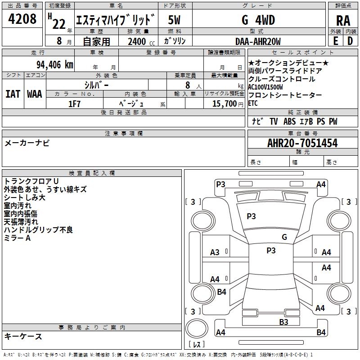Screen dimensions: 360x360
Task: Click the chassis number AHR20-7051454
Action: click(302, 143)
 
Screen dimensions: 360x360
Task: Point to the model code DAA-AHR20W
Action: click(258, 41)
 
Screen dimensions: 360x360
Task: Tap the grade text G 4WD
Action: click(258, 20)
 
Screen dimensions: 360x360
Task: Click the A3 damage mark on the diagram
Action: click(215, 252)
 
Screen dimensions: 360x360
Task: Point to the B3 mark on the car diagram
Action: click(283, 322)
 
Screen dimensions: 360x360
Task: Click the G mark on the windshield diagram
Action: click(284, 237)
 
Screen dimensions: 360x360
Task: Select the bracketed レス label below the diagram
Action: click(196, 345)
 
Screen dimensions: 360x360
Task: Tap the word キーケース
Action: click(23, 336)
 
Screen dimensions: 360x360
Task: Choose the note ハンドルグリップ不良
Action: click(38, 230)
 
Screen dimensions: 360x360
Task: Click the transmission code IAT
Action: click(13, 94)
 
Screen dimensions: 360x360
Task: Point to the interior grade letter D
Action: click(350, 41)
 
